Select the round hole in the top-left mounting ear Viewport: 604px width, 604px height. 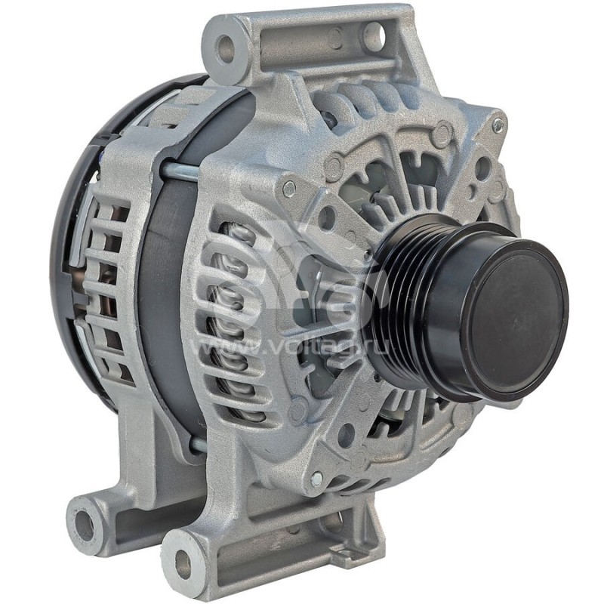(x=226, y=50)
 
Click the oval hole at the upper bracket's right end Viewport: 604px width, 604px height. (x=373, y=35)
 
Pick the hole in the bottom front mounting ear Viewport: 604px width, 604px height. (x=183, y=562)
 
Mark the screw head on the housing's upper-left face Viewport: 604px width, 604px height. (x=288, y=189)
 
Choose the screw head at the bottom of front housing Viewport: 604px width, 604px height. (x=317, y=479)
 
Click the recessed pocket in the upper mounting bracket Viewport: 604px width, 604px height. (x=302, y=45)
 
